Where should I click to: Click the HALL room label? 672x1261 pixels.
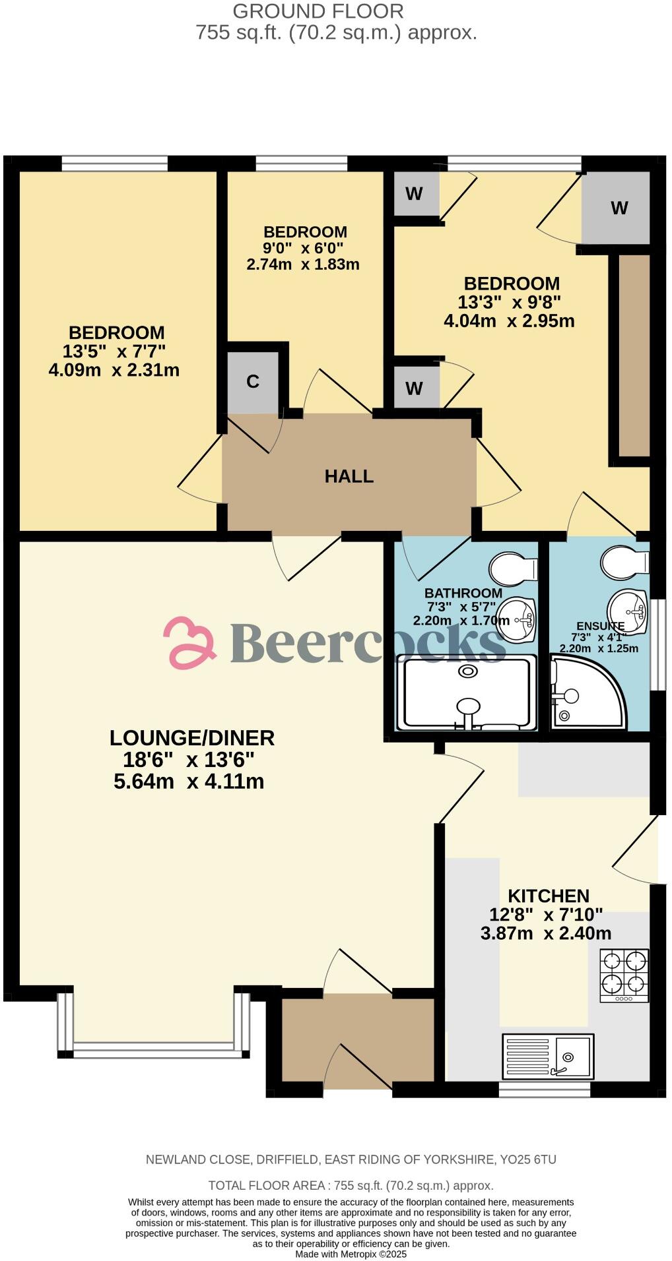click(349, 476)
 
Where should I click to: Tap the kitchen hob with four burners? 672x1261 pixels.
click(624, 975)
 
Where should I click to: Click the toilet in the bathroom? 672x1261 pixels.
click(513, 569)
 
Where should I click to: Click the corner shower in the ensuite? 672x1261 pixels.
click(584, 692)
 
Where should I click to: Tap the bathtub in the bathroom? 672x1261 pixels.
click(467, 693)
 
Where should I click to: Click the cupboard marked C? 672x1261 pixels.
click(252, 381)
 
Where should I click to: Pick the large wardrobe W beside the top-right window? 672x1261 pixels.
click(619, 208)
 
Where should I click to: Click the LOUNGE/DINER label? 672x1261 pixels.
click(191, 737)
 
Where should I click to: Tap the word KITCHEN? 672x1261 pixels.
click(548, 896)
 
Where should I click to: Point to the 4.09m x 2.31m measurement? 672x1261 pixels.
click(114, 370)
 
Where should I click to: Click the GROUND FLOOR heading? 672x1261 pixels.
click(318, 11)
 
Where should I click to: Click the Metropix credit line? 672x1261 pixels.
click(351, 1254)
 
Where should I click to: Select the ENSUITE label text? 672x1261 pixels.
click(599, 626)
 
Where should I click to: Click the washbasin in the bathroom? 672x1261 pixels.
click(518, 619)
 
